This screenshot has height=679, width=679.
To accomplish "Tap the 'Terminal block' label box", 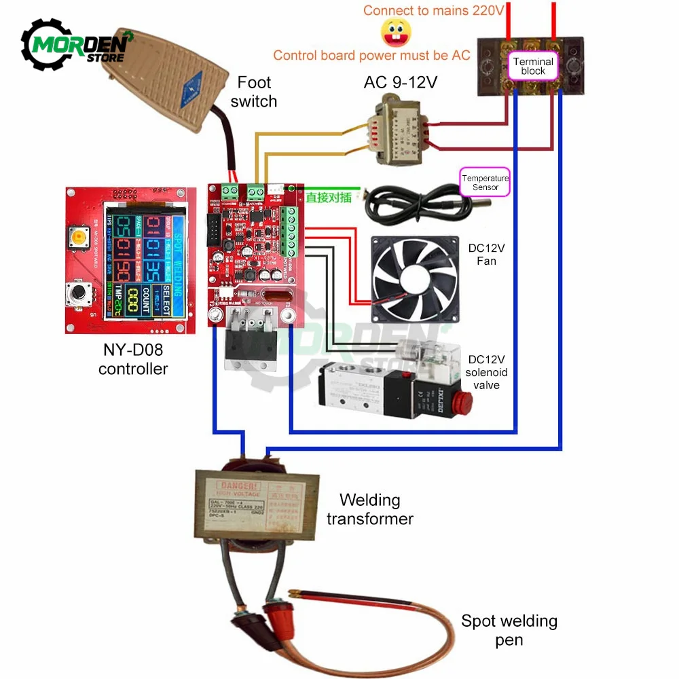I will tap(533, 66).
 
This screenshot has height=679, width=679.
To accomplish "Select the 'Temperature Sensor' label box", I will tap(485, 182).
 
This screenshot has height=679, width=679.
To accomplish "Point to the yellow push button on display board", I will tap(80, 238).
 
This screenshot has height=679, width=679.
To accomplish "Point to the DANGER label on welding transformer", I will tap(234, 486).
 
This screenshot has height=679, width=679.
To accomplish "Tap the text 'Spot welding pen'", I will tap(509, 629).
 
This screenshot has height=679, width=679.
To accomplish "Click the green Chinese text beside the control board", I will tap(329, 198).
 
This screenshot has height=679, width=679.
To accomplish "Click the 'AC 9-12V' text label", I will tap(401, 82).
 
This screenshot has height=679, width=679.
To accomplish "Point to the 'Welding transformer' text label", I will tap(370, 509).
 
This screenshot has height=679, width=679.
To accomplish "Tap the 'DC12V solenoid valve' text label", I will tap(487, 372).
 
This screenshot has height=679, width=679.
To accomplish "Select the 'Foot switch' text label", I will tap(254, 92).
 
